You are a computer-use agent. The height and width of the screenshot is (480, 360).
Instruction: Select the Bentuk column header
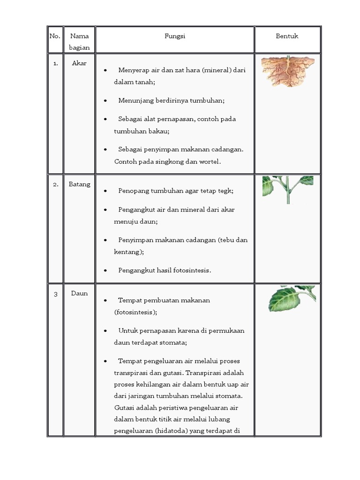point(287,36)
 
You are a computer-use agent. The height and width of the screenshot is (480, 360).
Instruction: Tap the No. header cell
point(55,36)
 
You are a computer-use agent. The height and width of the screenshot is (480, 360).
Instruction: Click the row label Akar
point(79,63)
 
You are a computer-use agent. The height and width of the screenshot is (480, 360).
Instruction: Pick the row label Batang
point(79,184)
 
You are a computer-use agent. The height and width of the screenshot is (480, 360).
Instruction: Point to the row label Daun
point(79,293)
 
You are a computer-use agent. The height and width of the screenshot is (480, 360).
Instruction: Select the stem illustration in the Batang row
point(288,189)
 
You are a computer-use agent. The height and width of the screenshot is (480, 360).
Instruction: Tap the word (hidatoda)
point(176,430)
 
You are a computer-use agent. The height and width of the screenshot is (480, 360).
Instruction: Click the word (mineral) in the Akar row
point(213,70)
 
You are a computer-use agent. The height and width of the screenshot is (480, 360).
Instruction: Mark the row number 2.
point(55,184)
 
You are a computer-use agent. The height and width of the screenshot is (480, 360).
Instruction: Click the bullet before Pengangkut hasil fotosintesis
point(106,270)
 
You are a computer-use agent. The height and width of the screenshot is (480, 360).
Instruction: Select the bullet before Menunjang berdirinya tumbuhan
point(106,101)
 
